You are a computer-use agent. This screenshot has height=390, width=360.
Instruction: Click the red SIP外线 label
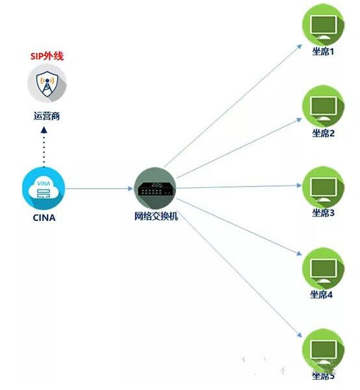(x=47, y=56)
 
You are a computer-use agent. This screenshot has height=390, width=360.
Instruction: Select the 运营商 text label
(x=47, y=116)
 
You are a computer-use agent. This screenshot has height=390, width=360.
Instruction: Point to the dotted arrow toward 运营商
(x=44, y=147)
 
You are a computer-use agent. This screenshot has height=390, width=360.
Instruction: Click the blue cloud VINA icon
(x=44, y=188)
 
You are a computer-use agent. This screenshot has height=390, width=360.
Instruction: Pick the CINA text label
(x=44, y=218)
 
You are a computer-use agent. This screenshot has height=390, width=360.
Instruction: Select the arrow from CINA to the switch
(x=99, y=188)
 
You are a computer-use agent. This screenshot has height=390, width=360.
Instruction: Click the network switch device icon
(x=155, y=188)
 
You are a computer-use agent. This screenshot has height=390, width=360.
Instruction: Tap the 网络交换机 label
(x=156, y=216)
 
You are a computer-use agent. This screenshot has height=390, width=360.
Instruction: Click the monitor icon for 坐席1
(x=323, y=25)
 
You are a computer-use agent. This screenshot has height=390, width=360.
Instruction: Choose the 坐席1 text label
(x=323, y=52)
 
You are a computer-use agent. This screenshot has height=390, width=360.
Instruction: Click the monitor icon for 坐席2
(x=323, y=107)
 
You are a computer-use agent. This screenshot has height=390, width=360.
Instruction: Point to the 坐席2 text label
(x=324, y=133)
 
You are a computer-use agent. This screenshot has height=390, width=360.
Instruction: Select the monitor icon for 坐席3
(x=323, y=188)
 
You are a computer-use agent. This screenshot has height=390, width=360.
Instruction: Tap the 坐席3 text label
(x=324, y=213)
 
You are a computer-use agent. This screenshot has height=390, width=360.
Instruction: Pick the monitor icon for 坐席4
(x=323, y=269)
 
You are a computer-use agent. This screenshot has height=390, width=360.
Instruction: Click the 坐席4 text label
(x=321, y=294)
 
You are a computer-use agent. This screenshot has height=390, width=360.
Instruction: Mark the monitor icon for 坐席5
(x=323, y=350)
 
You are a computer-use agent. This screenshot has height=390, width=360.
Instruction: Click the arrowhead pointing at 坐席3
(x=299, y=185)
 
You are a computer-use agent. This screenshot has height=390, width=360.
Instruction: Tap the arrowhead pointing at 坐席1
(x=300, y=47)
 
